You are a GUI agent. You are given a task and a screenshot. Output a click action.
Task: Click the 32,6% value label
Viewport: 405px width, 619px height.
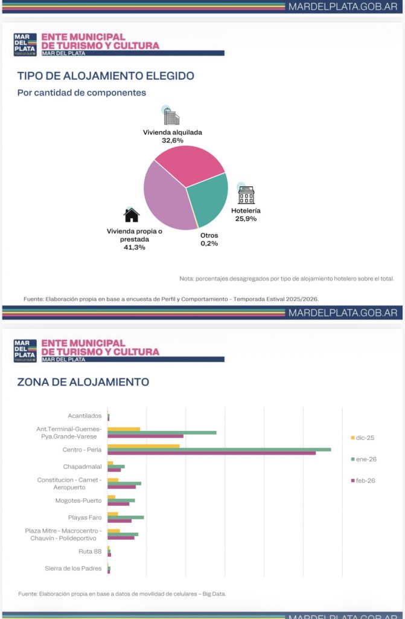pos(172,140)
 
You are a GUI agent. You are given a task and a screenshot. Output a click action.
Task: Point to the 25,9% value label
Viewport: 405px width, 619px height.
pos(246,218)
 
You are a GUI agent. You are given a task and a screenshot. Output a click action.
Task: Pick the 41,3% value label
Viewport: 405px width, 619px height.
pos(134,247)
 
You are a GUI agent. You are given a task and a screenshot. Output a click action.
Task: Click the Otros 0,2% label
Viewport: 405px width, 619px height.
pos(209,239)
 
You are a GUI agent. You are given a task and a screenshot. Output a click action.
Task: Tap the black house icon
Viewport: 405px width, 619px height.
pos(132,215)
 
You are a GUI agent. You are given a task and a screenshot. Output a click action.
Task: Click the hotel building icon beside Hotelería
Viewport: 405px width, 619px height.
pos(246,195)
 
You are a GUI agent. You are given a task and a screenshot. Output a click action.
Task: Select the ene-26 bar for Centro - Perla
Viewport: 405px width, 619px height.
pos(219,449)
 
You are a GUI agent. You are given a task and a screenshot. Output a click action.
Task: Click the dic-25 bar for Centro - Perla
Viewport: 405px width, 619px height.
pos(144,446)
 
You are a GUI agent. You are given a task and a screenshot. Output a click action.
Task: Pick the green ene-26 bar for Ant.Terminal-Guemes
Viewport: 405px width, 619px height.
pos(162,432)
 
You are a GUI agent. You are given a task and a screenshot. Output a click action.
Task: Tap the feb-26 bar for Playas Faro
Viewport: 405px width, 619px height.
pos(120,520)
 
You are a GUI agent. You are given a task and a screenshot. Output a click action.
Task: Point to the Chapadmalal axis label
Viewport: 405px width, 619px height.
pos(82,467)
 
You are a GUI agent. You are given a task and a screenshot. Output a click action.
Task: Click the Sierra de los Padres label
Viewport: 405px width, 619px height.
pos(73,568)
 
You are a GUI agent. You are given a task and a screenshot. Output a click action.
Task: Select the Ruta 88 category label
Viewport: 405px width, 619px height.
pos(90,551)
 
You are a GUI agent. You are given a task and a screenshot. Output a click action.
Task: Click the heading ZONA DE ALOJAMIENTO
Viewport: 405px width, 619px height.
pos(83,382)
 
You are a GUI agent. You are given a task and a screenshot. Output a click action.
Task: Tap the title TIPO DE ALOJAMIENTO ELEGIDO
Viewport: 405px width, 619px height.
pos(106,76)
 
